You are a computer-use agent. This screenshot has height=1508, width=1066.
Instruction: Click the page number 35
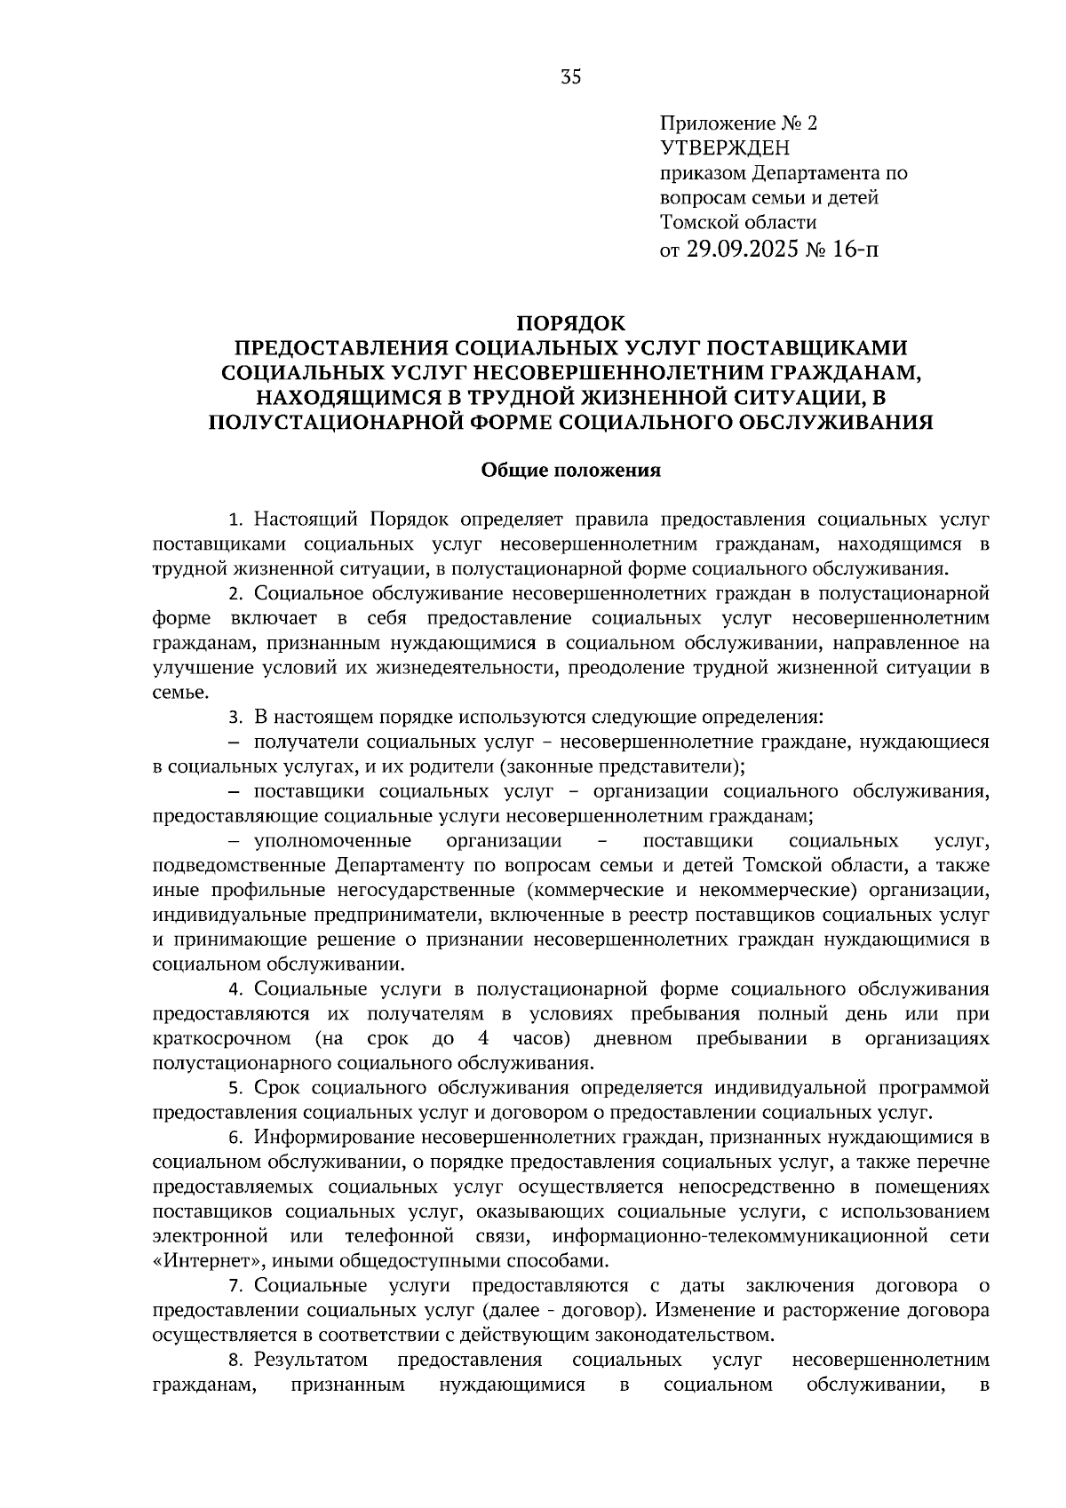pyautogui.click(x=570, y=77)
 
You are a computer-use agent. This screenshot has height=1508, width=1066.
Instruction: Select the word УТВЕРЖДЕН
pyautogui.click(x=725, y=148)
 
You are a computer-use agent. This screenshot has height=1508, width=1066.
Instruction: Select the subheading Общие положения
pyautogui.click(x=570, y=470)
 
